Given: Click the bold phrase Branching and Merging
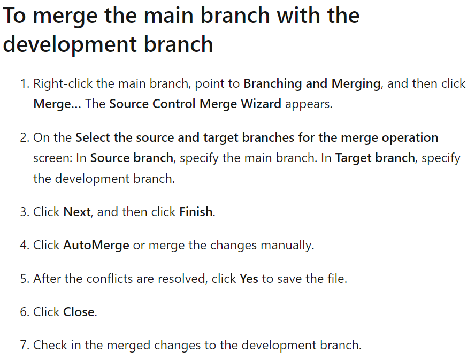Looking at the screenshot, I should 311,83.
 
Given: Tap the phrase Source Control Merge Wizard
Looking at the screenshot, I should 195,104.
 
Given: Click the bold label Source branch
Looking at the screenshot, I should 132,158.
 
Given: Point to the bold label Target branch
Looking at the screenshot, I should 375,158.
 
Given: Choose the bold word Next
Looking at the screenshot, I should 77,212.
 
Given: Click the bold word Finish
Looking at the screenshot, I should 196,212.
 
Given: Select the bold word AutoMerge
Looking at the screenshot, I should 96,245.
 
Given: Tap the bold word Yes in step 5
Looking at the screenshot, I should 249,279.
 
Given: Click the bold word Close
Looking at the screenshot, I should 79,312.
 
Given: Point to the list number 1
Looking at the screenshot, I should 24,84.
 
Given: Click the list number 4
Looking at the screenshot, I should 24,246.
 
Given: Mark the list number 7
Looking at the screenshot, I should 24,346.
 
